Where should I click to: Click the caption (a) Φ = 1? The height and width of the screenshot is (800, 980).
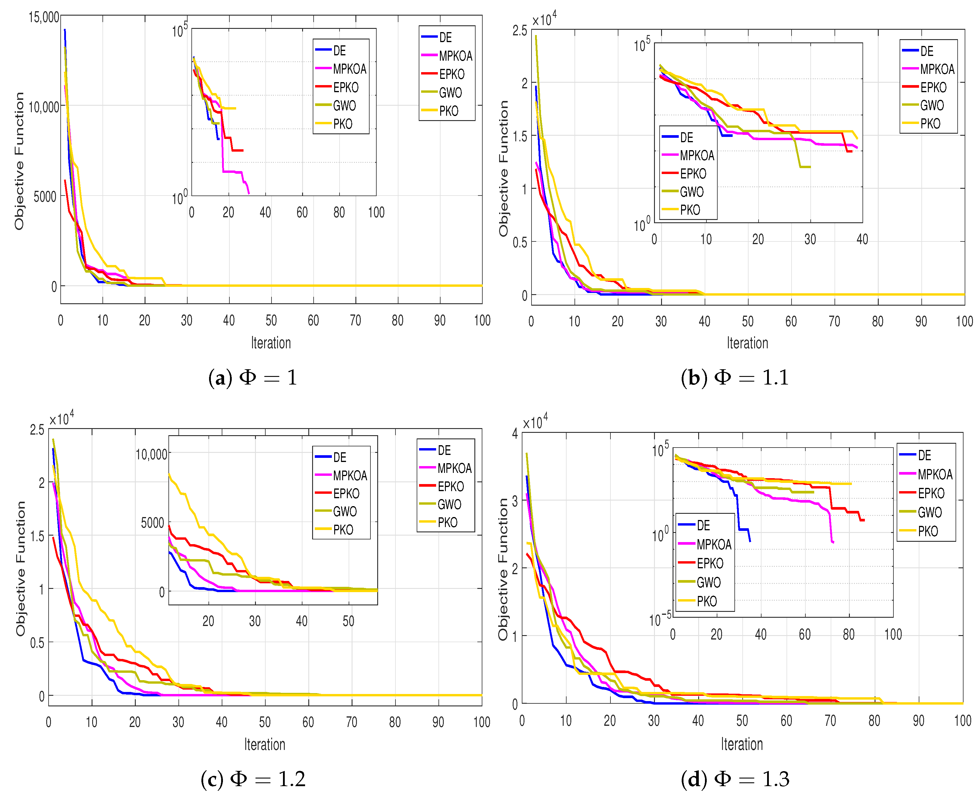point(253,377)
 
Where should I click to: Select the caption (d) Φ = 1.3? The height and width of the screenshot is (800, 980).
point(735,779)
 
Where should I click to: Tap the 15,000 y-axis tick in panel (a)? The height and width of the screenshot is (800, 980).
point(44,17)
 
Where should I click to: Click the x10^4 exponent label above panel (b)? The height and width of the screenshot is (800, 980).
point(544,19)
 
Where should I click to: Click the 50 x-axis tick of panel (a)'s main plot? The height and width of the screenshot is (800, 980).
point(272,320)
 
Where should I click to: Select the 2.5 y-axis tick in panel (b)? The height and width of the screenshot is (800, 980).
point(520,30)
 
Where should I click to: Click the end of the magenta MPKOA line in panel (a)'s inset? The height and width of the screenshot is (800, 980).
point(249,193)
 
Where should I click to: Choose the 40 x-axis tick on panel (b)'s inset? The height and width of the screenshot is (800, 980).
point(862,239)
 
